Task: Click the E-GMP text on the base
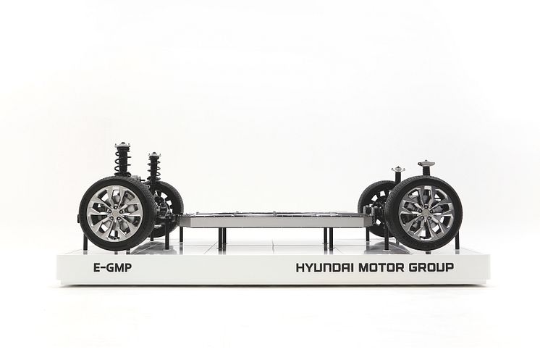[112, 268]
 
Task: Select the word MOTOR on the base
[382, 267]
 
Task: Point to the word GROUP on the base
[432, 267]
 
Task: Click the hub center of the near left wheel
[114, 212]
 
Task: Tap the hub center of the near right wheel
[426, 213]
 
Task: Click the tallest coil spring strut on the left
[122, 159]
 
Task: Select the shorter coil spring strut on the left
[153, 167]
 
